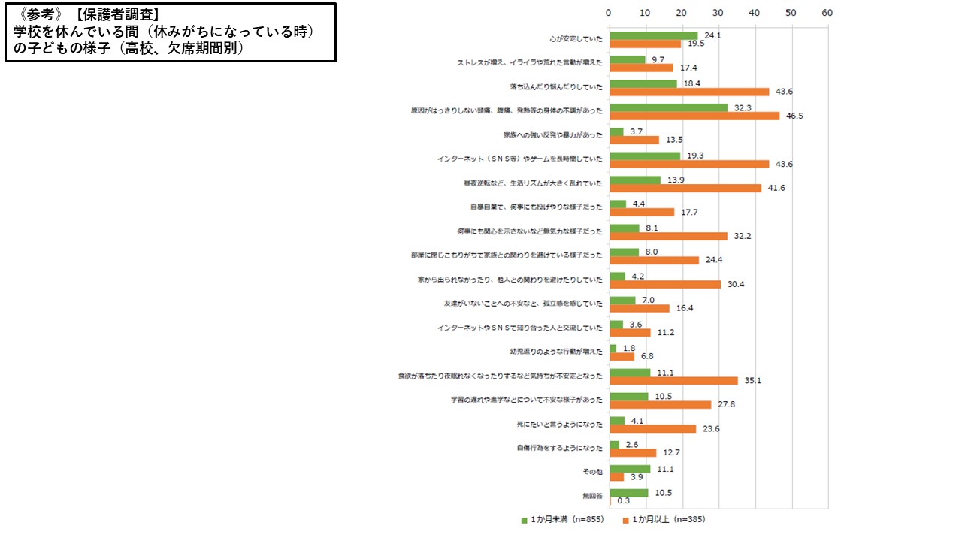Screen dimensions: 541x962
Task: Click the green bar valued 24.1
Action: (653, 35)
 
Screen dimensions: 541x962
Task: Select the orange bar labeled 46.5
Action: (694, 116)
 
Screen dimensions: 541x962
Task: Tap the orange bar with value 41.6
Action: (685, 188)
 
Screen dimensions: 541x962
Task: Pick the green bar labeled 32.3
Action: (668, 107)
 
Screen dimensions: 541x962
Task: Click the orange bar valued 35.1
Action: (673, 380)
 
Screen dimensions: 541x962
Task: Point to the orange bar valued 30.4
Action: (664, 284)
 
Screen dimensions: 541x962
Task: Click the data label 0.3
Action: (623, 500)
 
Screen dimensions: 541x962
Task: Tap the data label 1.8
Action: (628, 348)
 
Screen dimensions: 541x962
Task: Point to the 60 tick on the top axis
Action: (827, 13)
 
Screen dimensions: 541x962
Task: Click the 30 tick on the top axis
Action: (718, 13)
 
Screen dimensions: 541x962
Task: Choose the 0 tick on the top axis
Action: (609, 13)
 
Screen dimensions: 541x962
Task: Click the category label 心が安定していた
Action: (576, 39)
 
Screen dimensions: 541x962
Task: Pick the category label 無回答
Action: (592, 496)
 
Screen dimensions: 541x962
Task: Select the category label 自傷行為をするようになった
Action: (559, 448)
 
